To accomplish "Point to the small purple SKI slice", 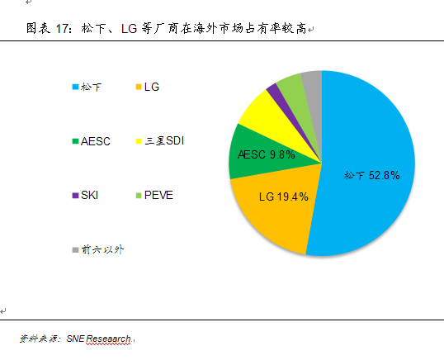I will [x=274, y=90].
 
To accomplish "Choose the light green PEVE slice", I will [x=290, y=83].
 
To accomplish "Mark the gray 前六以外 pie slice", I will [x=311, y=80].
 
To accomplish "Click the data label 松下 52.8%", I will [x=371, y=175].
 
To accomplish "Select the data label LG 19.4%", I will [x=283, y=197].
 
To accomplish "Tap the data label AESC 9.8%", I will [x=266, y=154].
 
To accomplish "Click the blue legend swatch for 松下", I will [x=75, y=86].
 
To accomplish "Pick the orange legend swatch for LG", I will [x=138, y=86].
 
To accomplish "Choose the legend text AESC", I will [x=95, y=141].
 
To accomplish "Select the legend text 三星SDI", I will [x=164, y=141].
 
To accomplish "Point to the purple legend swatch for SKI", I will [x=75, y=196].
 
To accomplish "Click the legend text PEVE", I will [x=158, y=196].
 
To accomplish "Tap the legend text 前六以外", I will [x=102, y=249].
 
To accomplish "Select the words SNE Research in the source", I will [x=99, y=339].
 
